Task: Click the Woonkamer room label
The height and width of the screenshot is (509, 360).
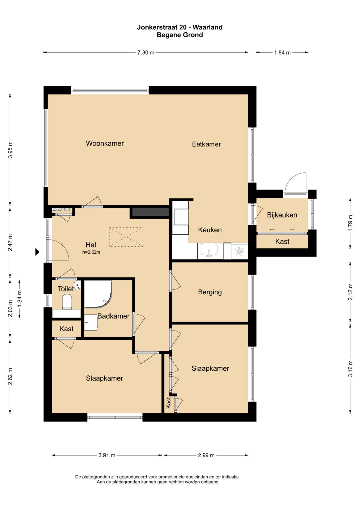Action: (105, 143)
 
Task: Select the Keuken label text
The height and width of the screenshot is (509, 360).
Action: (210, 230)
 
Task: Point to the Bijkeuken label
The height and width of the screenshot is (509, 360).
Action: (282, 215)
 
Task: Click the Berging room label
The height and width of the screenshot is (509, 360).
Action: (210, 292)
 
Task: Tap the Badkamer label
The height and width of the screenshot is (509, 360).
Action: (113, 316)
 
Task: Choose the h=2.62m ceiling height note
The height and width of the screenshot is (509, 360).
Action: (91, 252)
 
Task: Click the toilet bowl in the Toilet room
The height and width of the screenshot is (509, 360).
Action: (67, 302)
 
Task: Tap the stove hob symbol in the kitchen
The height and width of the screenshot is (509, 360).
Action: (239, 251)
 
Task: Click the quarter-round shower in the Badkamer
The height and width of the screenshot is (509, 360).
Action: (98, 294)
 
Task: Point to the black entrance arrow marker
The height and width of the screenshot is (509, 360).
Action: (37, 252)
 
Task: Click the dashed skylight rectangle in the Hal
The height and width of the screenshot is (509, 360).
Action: (126, 237)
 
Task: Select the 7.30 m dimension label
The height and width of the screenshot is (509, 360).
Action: (146, 52)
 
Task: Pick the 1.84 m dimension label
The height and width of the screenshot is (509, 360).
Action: (282, 52)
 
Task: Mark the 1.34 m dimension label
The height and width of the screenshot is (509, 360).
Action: (20, 298)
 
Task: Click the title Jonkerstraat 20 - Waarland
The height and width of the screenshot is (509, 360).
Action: (180, 27)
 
